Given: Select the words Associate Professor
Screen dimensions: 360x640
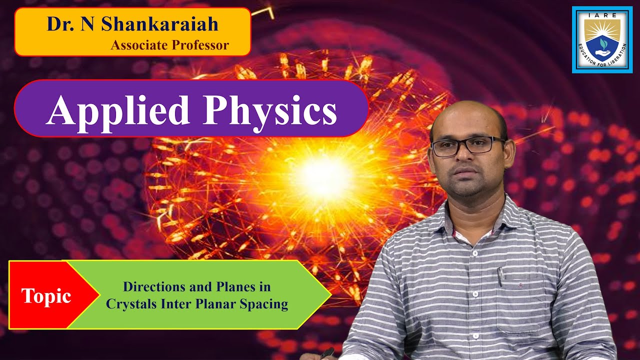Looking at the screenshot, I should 169,45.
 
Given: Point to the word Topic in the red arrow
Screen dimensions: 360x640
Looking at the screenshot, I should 46,296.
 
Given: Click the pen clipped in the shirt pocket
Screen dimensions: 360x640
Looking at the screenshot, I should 500,276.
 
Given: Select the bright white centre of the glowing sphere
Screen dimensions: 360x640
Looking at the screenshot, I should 320,175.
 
